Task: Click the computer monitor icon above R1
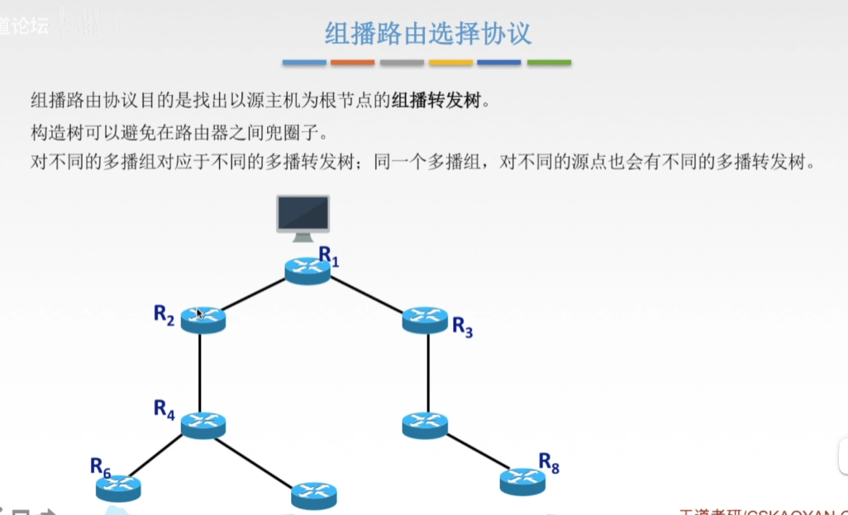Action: [303, 217]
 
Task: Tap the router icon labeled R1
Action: [307, 269]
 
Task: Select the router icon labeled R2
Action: [202, 319]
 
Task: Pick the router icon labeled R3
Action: [425, 319]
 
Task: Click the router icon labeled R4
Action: [202, 425]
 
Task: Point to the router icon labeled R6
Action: [118, 488]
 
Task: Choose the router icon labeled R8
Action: [522, 480]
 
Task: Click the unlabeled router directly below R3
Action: [425, 425]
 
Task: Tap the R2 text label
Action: [164, 314]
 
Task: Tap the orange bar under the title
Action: [353, 63]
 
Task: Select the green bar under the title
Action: [549, 63]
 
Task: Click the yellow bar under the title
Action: [450, 63]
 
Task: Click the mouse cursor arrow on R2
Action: [199, 312]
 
